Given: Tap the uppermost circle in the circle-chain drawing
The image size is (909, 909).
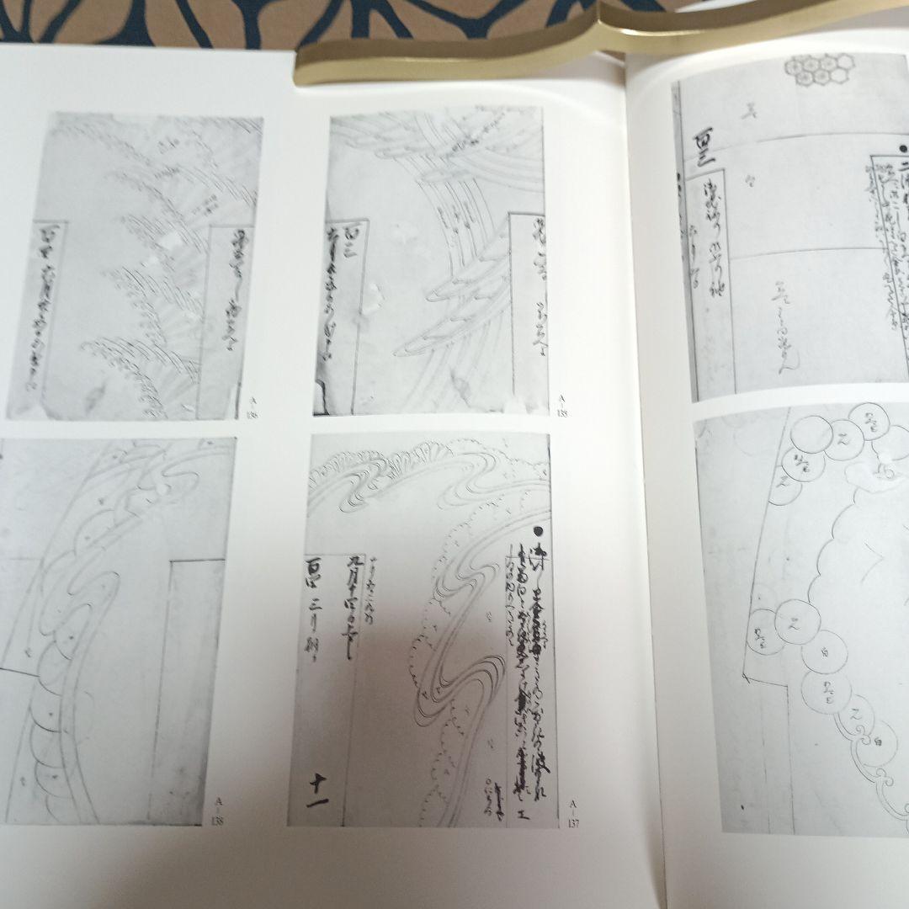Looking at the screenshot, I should (867, 418).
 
